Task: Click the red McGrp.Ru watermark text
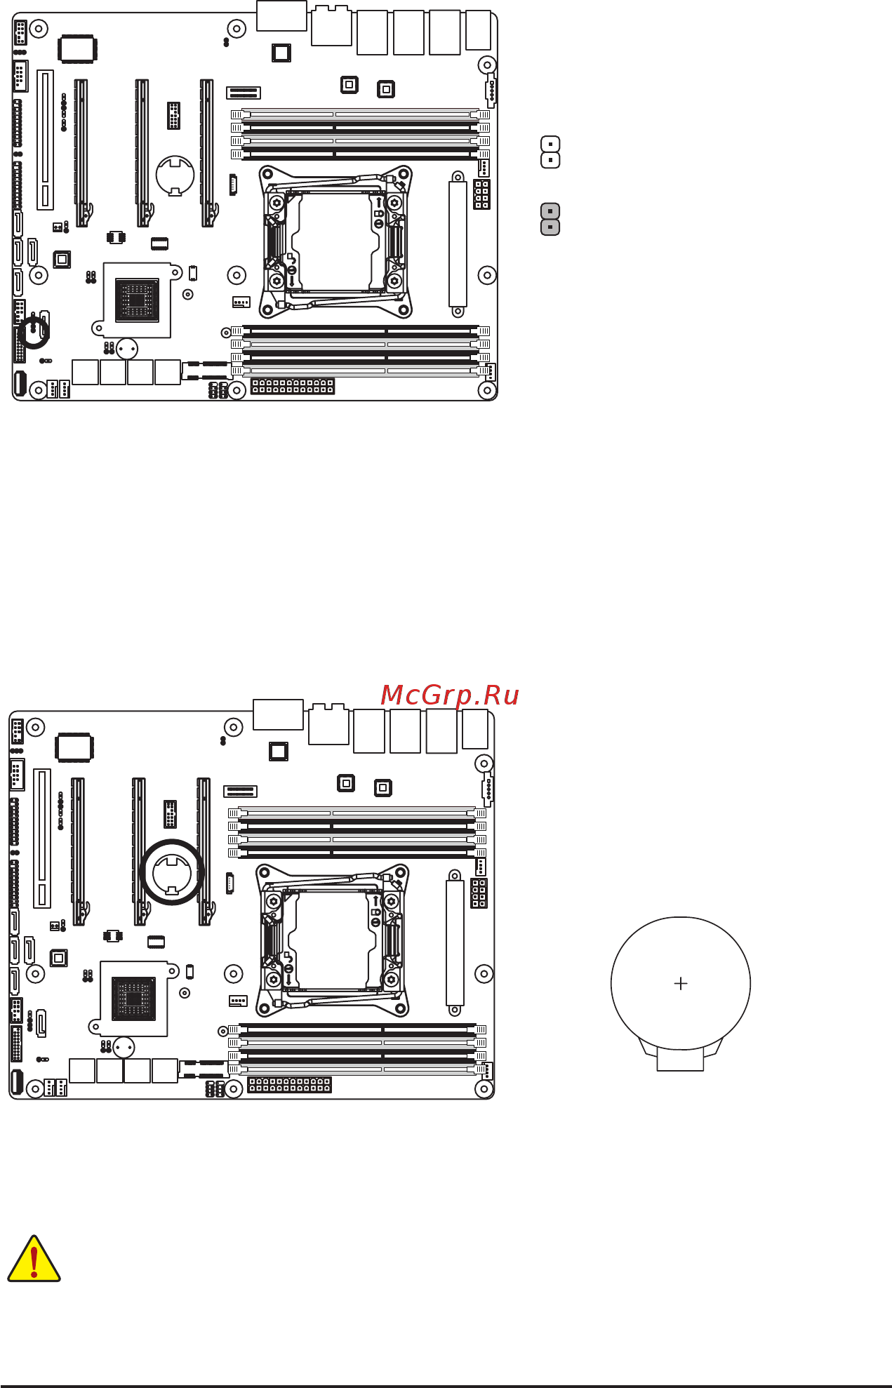(450, 695)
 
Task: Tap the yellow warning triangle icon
(34, 1260)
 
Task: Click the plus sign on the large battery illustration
(680, 984)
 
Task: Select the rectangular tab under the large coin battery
(680, 1060)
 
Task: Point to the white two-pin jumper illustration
(550, 152)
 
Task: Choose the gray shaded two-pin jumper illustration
(550, 219)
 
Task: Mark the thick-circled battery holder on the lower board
(172, 872)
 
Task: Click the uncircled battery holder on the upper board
(175, 175)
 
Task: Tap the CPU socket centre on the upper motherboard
(335, 241)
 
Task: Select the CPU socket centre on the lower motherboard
(332, 940)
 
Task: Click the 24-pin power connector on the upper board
(293, 386)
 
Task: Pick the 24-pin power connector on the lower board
(289, 1085)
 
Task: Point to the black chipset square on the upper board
(137, 300)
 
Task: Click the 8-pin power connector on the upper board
(481, 194)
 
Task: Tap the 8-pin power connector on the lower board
(479, 893)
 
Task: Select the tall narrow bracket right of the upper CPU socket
(458, 244)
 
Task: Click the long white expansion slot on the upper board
(45, 140)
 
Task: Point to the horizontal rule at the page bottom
(446, 1385)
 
